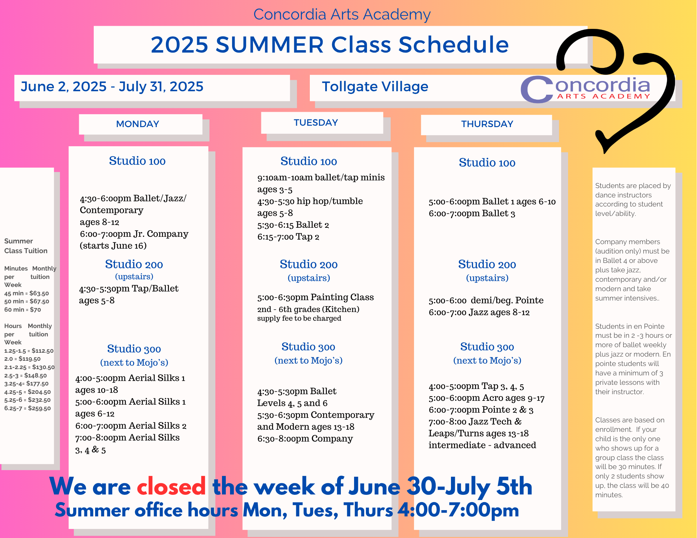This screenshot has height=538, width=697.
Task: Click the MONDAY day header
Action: pos(138,124)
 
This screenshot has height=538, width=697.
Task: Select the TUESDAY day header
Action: pos(316,123)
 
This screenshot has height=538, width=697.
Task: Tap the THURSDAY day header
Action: pos(487,124)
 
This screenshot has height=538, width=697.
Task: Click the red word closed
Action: pos(171,486)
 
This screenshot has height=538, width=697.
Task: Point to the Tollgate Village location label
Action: pos(375,87)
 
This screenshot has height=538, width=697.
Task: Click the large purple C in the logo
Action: pos(537,89)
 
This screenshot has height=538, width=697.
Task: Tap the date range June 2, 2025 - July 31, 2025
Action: pos(112,87)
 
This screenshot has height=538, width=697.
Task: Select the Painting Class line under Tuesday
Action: pos(315,297)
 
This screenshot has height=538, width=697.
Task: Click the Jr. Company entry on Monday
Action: pos(134,234)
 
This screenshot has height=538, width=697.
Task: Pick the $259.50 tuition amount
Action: pos(28,408)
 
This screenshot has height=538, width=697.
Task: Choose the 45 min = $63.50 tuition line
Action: pos(26,293)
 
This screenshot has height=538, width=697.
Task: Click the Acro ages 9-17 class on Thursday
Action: pos(487,398)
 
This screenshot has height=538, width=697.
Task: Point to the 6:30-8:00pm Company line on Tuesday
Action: pos(305,438)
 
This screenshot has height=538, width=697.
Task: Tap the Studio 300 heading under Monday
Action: pos(134,349)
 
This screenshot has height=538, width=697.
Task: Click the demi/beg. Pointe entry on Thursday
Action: pos(486,300)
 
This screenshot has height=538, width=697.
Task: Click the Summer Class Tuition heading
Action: pos(26,246)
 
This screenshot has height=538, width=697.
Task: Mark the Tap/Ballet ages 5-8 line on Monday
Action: pos(129,294)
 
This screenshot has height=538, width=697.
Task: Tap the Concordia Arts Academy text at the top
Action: pos(342,14)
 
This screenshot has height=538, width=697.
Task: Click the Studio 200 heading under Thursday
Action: pos(487,264)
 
